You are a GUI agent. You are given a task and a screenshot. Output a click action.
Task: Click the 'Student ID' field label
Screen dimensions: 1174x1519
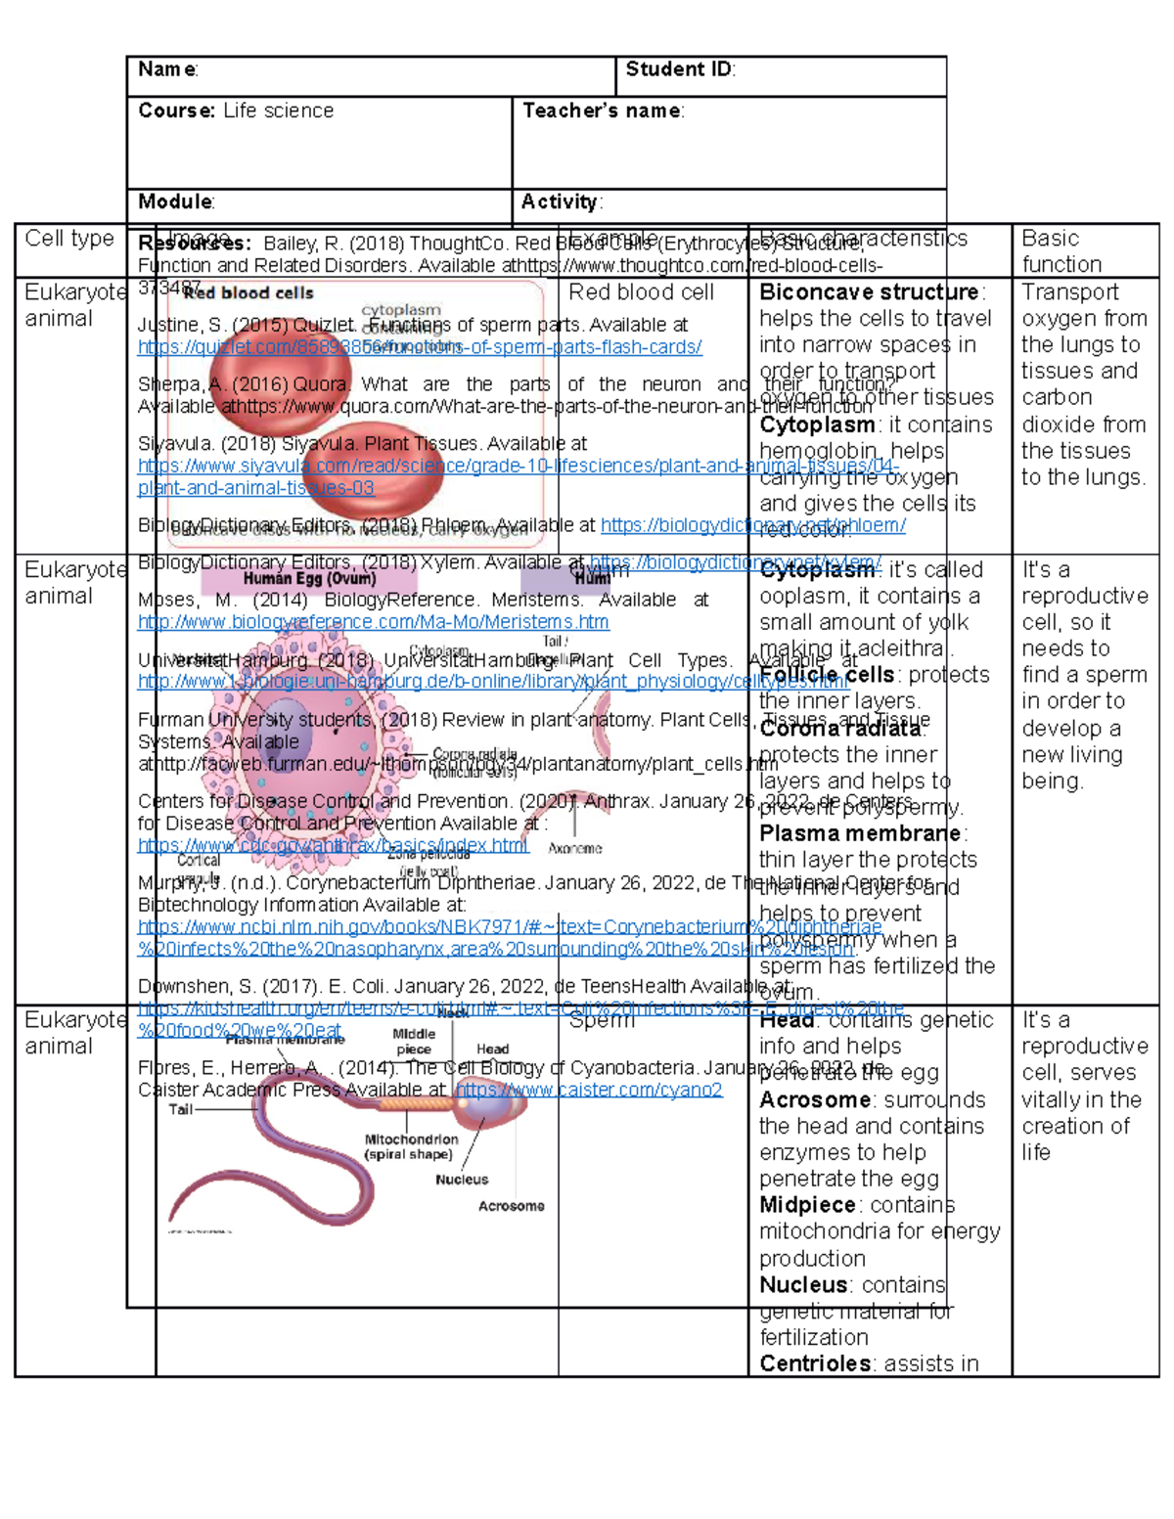point(679,69)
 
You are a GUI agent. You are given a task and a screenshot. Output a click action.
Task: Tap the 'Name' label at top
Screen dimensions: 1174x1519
point(167,69)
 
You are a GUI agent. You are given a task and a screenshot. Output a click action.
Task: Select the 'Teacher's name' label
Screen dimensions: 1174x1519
point(603,111)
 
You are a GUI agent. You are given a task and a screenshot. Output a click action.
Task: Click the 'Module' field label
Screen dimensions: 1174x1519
point(175,201)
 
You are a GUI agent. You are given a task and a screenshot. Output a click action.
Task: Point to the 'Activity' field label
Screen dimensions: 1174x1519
point(561,201)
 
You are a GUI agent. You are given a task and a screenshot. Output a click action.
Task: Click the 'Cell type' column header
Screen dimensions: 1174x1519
point(69,239)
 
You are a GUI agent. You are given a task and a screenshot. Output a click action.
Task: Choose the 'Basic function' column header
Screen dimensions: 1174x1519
point(1061,251)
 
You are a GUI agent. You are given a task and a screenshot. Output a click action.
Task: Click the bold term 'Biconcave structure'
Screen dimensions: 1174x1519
point(869,291)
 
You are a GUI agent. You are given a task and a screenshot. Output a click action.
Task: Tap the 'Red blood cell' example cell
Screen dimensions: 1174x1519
point(641,291)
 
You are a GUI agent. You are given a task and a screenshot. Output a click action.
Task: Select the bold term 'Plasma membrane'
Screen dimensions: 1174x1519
point(861,833)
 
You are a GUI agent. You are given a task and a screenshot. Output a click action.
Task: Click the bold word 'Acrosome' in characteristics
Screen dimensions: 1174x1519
point(815,1099)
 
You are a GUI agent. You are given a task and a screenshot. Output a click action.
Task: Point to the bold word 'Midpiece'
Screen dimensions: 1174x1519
point(807,1205)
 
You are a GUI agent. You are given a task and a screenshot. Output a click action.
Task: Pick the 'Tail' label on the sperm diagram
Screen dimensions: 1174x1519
point(180,1109)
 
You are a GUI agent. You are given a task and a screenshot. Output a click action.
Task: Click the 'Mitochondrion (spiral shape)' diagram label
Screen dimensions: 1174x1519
point(411,1146)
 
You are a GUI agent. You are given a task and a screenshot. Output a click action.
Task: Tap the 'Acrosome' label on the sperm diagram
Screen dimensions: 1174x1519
point(511,1206)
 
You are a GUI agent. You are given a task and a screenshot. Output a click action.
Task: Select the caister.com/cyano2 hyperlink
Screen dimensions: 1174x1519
point(589,1090)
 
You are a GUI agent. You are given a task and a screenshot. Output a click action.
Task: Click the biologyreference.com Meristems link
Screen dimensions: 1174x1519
point(373,622)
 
